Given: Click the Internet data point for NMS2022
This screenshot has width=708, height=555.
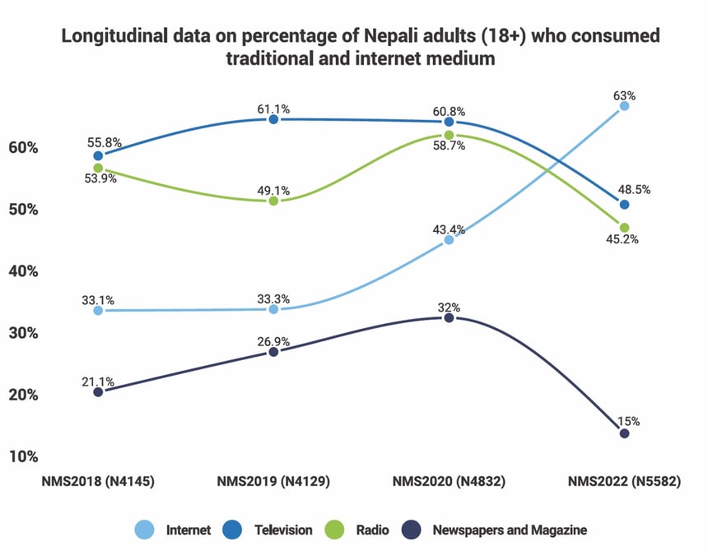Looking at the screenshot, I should (x=624, y=106).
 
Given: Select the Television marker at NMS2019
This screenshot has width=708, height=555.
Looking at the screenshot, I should (x=273, y=119).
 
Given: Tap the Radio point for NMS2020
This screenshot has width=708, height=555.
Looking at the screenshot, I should (x=449, y=135).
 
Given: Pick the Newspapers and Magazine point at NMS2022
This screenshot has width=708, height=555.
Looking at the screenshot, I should (x=624, y=433).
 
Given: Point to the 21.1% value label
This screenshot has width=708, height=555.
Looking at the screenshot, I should (x=98, y=381).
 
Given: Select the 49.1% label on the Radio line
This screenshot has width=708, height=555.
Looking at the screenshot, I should (x=273, y=190).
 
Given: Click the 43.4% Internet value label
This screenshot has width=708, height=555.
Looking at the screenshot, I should (x=449, y=228).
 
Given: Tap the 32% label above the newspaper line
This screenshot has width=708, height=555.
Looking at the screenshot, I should (x=449, y=308).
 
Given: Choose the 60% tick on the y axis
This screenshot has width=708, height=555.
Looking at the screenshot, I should (x=25, y=148).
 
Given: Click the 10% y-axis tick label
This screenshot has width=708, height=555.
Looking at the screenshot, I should (x=25, y=456).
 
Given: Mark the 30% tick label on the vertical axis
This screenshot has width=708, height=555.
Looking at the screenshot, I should (x=25, y=333).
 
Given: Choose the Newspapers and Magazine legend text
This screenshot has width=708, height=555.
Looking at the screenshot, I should (x=510, y=530).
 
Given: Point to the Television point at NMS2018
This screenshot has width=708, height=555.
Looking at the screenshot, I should (x=98, y=155).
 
